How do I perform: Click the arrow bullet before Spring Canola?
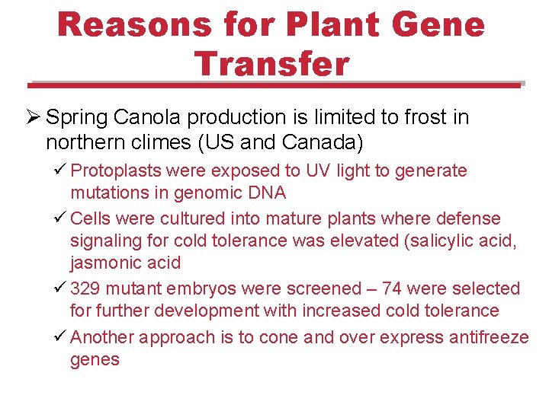pos(33,118)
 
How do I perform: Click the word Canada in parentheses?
pos(326,142)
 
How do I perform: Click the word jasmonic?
pos(104,263)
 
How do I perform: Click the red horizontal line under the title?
pos(274,85)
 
